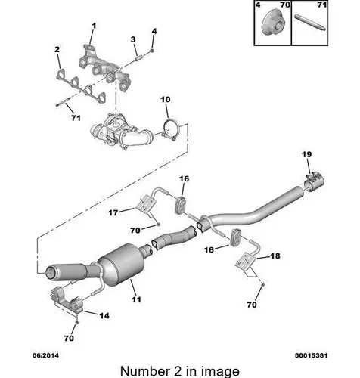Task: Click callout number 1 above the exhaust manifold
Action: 94,26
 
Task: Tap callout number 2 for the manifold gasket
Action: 57,49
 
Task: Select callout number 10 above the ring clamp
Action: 166,100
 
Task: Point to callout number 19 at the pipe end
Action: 307,154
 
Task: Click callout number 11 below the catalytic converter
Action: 136,299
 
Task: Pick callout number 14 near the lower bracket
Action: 104,315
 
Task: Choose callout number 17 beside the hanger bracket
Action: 113,213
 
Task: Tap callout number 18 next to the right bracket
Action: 275,256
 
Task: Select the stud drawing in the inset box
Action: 311,22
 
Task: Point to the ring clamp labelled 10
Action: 170,130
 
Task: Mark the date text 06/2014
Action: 45,355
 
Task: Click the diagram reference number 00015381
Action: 312,355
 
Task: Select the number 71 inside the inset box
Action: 322,5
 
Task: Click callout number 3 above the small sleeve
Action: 133,39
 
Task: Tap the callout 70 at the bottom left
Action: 69,338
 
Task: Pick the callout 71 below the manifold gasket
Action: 76,118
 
